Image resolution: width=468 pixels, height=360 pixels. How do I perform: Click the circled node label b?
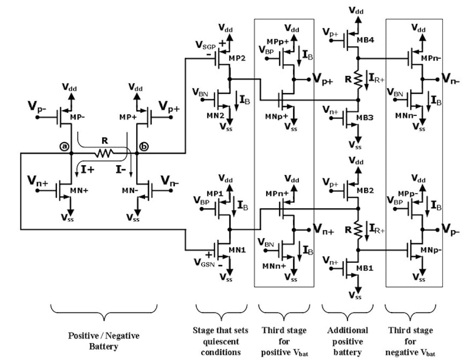(144, 146)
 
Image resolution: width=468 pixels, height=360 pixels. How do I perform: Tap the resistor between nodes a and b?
(104, 152)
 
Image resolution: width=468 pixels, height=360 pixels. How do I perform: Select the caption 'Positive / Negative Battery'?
(104, 341)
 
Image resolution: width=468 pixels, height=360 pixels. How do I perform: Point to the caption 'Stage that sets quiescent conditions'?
(221, 341)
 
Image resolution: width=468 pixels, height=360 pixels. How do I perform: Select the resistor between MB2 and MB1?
(359, 231)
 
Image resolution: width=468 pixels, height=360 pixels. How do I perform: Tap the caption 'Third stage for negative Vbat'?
(414, 341)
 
